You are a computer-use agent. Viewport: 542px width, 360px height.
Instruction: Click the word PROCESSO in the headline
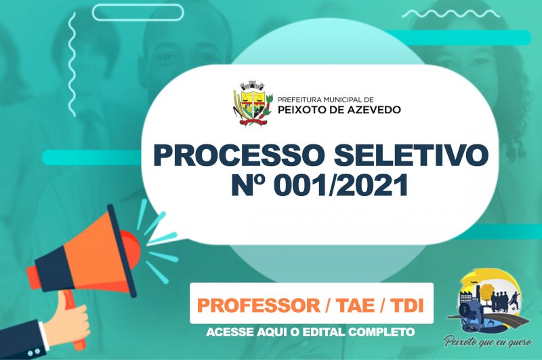(x=238, y=155)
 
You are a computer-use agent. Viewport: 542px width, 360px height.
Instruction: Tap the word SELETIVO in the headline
(x=411, y=155)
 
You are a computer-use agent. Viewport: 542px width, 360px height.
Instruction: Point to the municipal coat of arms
(x=252, y=104)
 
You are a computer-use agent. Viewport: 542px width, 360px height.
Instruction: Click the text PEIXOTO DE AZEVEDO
(x=339, y=110)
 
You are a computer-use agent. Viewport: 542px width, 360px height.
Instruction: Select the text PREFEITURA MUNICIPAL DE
(x=326, y=100)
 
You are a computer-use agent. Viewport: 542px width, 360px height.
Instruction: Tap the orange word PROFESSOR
(x=259, y=305)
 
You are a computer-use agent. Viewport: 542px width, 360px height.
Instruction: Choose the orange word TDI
(x=407, y=305)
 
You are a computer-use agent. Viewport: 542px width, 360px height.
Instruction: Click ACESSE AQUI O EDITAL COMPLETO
(x=310, y=332)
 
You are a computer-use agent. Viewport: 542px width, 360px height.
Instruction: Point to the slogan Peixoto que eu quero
(x=488, y=341)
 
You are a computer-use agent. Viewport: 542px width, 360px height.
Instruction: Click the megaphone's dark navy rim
(x=121, y=251)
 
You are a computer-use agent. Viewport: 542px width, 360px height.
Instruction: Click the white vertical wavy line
(x=72, y=64)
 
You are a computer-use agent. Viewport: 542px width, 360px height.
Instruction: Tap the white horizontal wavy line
(x=451, y=14)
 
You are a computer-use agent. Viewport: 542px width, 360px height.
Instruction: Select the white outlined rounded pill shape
(x=138, y=12)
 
